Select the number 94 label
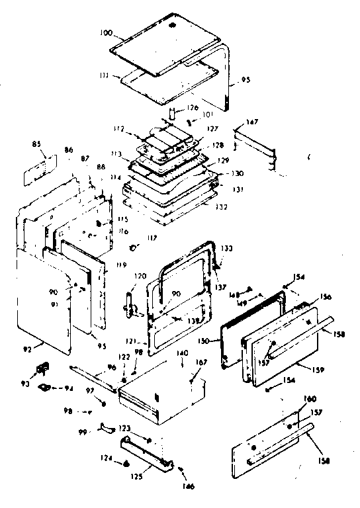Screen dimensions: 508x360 coord(67,388)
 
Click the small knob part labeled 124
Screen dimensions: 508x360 coord(126,463)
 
